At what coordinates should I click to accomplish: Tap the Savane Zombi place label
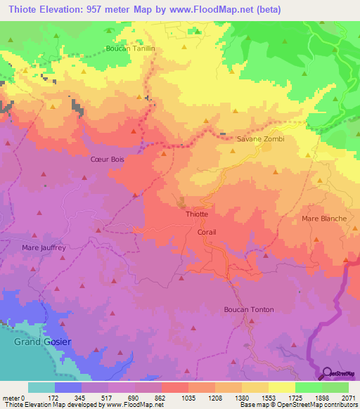(260, 139)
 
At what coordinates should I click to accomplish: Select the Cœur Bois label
(108, 160)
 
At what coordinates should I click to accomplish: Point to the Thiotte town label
(196, 213)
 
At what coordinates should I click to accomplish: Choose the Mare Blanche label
(324, 219)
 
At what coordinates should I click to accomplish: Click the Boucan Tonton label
(248, 309)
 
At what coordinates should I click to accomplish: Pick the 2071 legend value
(348, 397)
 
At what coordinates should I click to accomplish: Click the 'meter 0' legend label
(13, 397)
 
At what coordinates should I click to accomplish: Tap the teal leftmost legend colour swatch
(41, 387)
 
